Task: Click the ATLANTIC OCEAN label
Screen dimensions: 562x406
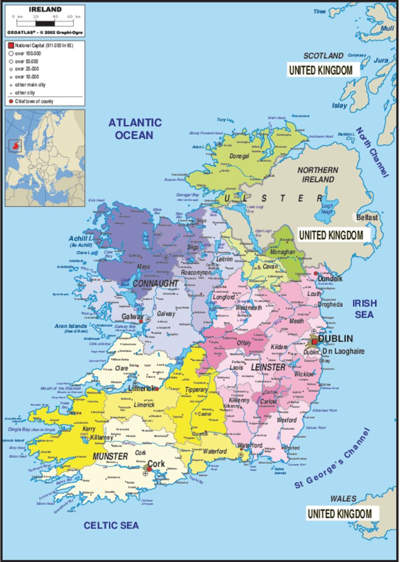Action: point(135,128)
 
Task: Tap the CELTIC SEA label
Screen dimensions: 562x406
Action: point(111,525)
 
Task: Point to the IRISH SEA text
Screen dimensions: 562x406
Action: point(364,309)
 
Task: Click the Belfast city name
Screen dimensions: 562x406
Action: point(367,217)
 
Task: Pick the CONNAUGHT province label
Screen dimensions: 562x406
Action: point(155,284)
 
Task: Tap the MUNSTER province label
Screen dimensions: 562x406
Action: point(110,456)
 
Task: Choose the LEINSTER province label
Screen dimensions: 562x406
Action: point(268,368)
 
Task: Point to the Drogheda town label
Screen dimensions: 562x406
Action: point(330,305)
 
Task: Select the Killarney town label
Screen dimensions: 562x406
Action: point(102,437)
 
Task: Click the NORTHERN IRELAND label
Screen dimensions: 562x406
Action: point(317,174)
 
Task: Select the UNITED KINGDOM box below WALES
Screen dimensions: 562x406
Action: point(340,514)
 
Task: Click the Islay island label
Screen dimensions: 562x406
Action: point(339,105)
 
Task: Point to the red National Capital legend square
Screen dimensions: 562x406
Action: point(10,45)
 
